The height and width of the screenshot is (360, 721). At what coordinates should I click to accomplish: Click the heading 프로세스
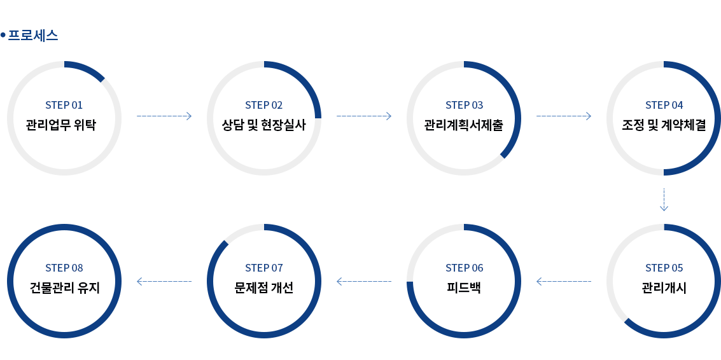coord(32,36)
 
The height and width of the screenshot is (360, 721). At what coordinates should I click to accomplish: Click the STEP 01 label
coord(64,105)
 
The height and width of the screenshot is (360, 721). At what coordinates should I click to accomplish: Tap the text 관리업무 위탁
coord(64,124)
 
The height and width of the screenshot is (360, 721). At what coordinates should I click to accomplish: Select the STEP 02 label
coord(263,105)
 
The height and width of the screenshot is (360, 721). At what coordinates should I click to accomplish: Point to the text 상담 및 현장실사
coord(263,125)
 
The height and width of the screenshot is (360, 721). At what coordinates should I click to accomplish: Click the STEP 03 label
coord(464,105)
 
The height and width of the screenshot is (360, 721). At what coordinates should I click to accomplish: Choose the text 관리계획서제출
coord(464,125)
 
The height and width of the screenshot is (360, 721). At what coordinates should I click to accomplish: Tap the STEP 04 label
coord(664,105)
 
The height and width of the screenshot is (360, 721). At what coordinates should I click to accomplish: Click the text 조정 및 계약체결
coord(664,125)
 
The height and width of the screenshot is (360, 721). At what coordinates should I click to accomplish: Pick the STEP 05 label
coord(664,268)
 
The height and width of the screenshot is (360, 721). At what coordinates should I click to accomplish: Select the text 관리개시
coord(664,287)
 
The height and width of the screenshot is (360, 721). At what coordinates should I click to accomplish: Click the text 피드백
coord(464,287)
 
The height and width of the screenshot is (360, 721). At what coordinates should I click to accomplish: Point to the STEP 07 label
coord(263,268)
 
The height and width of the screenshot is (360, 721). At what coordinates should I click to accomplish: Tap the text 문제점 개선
coord(263,287)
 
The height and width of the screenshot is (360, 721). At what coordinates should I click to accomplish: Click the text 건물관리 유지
coord(64,287)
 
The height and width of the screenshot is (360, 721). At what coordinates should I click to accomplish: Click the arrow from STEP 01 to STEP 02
coord(164,116)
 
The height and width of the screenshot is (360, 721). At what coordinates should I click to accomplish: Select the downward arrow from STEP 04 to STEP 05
coord(664,200)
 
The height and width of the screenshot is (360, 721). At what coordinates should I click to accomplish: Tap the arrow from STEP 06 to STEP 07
coord(363,280)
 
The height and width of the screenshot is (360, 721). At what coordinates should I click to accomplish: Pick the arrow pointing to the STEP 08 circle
coord(164,280)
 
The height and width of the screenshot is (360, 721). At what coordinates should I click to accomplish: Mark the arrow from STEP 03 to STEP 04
coord(564,116)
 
